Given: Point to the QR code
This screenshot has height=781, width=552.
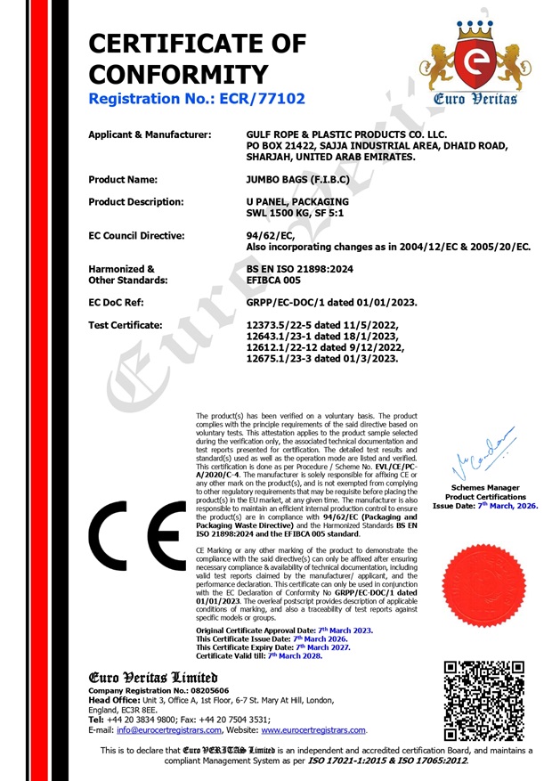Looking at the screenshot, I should (x=484, y=701).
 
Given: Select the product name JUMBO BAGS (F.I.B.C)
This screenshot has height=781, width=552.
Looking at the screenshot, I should (x=297, y=179).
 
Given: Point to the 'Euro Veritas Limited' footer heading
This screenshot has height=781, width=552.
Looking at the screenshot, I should (x=153, y=677).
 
